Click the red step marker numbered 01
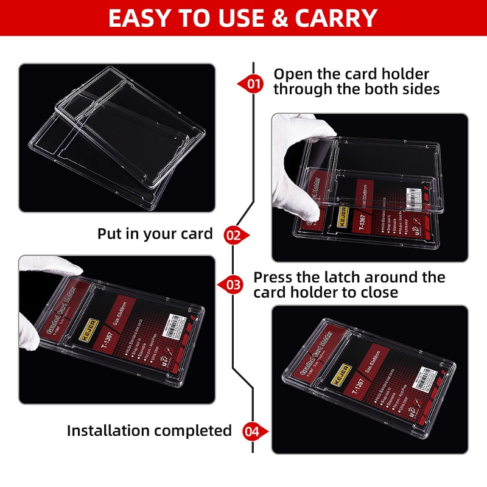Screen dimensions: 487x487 point(252,83)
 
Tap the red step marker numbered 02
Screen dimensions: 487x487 point(234,234)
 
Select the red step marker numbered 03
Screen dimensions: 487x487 point(233,284)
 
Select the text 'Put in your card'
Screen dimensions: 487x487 point(155,234)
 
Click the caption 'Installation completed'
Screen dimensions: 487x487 point(149,431)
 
